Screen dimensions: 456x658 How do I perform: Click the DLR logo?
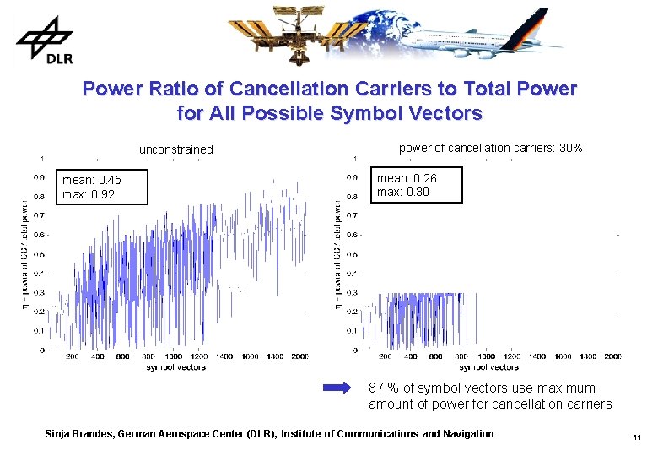(x=43, y=41)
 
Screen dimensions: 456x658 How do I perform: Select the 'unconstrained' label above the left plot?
(x=175, y=149)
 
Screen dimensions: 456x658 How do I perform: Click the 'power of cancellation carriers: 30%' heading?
(x=490, y=148)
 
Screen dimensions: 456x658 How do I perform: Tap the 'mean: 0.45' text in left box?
(x=92, y=180)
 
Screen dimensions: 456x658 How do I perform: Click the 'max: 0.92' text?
(x=88, y=194)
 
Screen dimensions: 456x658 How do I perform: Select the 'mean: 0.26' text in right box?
(x=407, y=178)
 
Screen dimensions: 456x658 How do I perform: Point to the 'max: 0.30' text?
(x=403, y=192)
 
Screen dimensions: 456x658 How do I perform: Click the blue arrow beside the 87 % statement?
(x=342, y=388)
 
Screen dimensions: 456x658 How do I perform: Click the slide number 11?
(x=637, y=437)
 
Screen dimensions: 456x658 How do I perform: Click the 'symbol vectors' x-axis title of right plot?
(x=488, y=367)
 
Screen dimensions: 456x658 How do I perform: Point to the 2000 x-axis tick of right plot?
(x=612, y=356)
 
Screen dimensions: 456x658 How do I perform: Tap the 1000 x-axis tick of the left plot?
(x=173, y=356)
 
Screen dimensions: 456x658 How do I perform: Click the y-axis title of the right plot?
(x=338, y=253)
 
